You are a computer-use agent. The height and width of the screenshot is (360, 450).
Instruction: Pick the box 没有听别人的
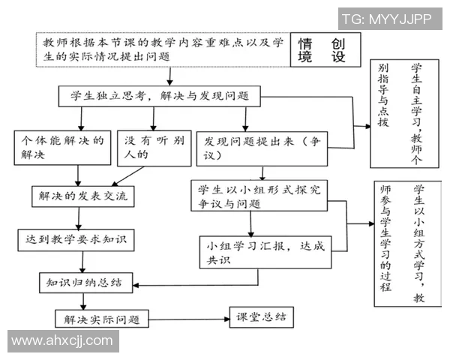coord(153,146)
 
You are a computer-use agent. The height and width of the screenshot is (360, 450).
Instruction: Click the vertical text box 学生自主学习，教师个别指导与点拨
coord(404,105)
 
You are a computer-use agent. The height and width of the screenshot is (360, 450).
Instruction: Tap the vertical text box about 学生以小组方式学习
coord(406,244)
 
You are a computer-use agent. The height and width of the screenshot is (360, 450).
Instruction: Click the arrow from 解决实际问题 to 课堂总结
coord(187,317)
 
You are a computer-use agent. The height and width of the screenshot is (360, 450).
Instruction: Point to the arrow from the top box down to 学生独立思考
coord(172,76)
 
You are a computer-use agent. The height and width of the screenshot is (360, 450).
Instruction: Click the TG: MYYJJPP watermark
coord(386,19)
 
